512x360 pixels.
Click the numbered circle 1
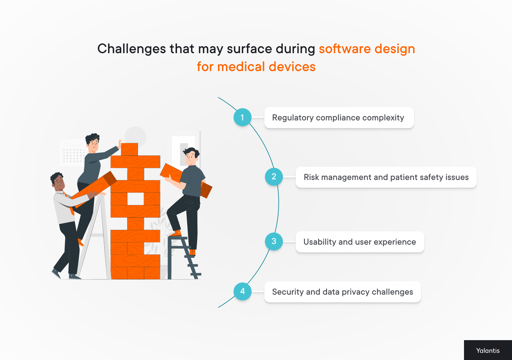coord(242,117)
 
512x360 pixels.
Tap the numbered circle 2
coord(274,176)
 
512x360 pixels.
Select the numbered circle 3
coord(274,241)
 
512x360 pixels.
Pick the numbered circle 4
coord(242,291)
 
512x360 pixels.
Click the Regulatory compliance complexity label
coord(339,118)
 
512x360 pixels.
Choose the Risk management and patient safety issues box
coord(386,177)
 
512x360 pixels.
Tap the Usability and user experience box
coord(360,242)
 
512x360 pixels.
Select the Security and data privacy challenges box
coord(342,292)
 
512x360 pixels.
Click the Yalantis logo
coord(488,350)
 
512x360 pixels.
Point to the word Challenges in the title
coord(132,49)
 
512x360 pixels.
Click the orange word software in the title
coord(345,49)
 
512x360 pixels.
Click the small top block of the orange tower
coord(129,149)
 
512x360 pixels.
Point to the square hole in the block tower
coord(135,199)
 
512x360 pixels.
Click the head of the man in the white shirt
coord(58,182)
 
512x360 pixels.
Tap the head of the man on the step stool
coord(191,156)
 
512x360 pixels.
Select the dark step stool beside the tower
coord(182,256)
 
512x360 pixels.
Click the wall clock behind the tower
coord(135,136)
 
